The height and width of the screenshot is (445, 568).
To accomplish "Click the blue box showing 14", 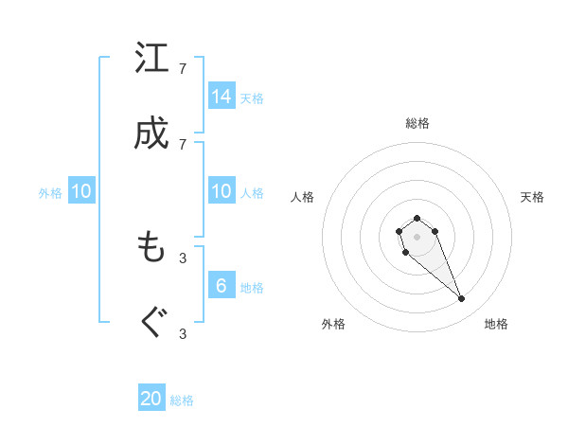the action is (x=222, y=96).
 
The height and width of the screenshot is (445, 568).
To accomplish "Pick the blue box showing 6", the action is (x=222, y=286).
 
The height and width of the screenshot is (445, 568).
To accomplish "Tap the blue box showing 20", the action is (x=151, y=399).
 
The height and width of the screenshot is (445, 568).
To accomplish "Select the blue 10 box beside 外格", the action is (x=81, y=191).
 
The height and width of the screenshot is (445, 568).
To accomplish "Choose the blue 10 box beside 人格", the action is (x=222, y=191).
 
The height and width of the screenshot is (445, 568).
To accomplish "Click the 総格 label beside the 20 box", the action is (x=182, y=400).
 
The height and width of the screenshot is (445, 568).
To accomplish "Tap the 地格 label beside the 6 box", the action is (x=252, y=288).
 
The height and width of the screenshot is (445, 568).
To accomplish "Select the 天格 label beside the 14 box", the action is (x=252, y=98).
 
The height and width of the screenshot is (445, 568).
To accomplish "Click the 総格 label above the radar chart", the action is (x=417, y=123).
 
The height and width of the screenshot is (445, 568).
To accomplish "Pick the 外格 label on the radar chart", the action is (x=333, y=324).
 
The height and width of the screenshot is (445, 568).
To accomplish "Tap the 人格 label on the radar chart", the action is (x=303, y=197).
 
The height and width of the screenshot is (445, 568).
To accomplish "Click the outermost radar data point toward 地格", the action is (x=462, y=299).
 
